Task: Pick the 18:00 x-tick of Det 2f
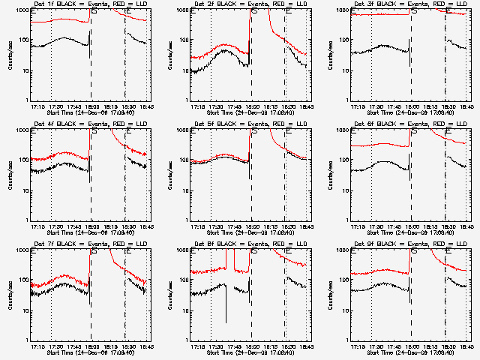click(x=250, y=106)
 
